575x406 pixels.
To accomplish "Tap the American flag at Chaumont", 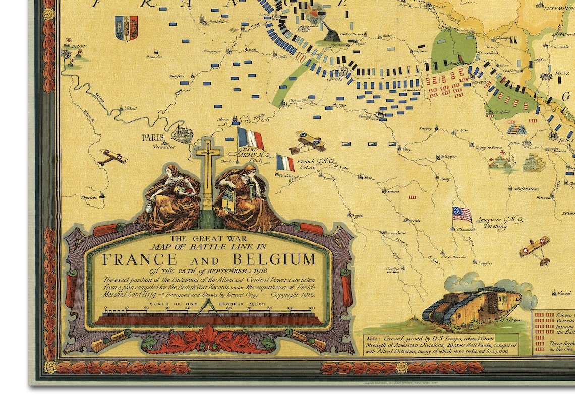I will tap(462, 215).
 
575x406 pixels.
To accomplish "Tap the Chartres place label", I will tap(89, 198).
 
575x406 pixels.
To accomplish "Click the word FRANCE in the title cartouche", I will tap(140, 260).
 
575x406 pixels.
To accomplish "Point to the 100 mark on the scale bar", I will tap(312, 308).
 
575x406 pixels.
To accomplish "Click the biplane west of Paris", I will tap(112, 157).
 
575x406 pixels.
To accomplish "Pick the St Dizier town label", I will tap(448, 156).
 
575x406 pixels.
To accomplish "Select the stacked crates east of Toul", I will tap(534, 162).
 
